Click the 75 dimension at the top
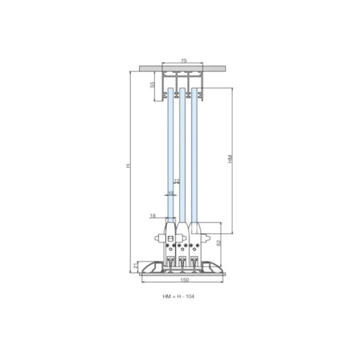click(x=184, y=61)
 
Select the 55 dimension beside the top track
click(x=152, y=85)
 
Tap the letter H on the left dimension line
click(x=128, y=166)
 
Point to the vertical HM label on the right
click(x=230, y=158)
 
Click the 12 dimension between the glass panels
click(x=176, y=181)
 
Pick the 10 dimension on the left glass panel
click(x=170, y=193)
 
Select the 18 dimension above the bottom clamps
click(x=152, y=215)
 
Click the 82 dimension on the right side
click(x=218, y=243)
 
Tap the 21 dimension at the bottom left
click(x=136, y=266)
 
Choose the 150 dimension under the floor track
click(x=185, y=280)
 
